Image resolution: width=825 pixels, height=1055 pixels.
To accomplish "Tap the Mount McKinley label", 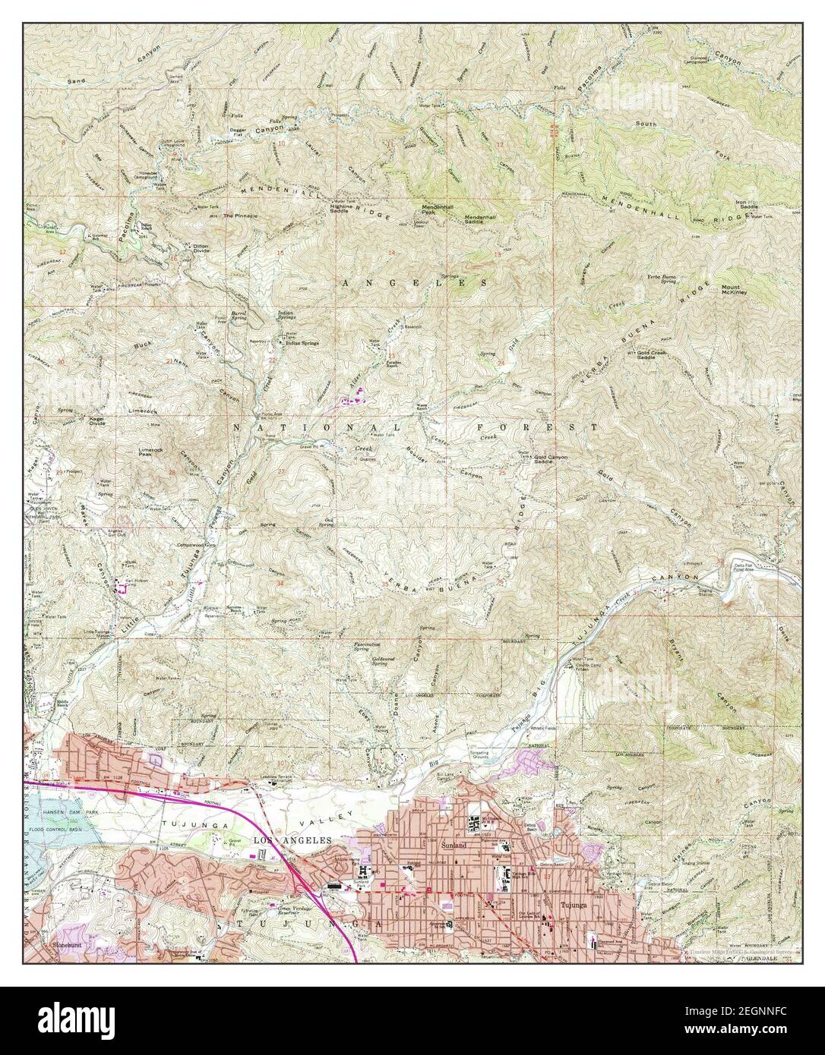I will coord(735,291).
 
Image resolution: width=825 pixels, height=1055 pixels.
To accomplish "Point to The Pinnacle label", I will coord(240,216).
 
